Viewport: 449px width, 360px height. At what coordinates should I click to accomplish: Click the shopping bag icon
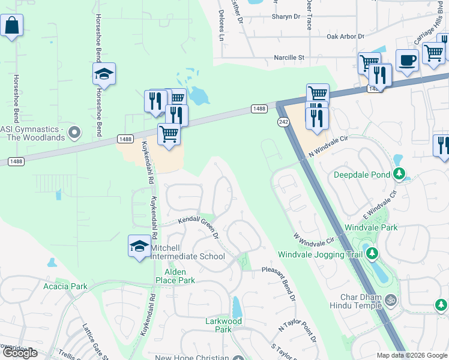click(11, 26)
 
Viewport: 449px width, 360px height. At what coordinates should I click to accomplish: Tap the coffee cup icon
click(407, 61)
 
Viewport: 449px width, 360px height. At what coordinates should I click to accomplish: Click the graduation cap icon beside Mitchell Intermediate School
click(139, 246)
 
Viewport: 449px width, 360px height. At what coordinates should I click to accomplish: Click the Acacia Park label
click(65, 286)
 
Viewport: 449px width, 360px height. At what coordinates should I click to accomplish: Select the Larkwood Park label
click(223, 325)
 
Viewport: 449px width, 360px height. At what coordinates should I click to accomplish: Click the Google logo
click(20, 353)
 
